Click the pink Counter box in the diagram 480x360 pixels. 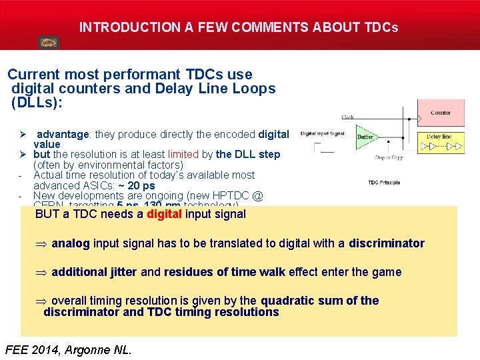click(440, 113)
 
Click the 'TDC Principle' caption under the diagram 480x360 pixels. click(384, 183)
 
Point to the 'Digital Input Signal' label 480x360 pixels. click(323, 133)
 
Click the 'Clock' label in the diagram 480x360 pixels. click(347, 117)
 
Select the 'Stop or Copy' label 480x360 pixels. click(388, 158)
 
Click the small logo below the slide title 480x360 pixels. click(48, 43)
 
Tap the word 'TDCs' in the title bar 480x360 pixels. click(381, 28)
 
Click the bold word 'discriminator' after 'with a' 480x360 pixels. click(386, 243)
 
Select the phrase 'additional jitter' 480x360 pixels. click(95, 272)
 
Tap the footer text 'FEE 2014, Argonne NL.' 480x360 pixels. click(68, 349)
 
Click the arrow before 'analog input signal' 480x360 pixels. click(41, 243)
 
